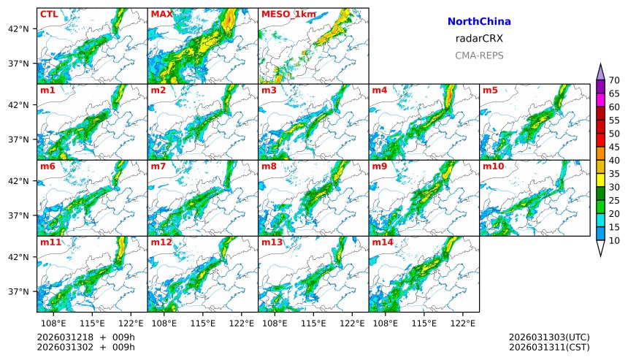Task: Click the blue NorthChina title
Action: [x=479, y=22]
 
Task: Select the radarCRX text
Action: [x=479, y=39]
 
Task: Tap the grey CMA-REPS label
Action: [x=479, y=55]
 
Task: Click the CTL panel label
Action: [x=49, y=14]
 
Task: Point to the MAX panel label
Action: [x=161, y=14]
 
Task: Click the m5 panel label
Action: [x=490, y=91]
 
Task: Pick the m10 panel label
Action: [x=493, y=166]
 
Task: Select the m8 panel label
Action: [x=269, y=166]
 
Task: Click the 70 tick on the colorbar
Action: [x=614, y=80]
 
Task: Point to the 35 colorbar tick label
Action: [x=614, y=174]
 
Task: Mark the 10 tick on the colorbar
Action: [x=614, y=240]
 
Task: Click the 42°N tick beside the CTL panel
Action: [x=18, y=29]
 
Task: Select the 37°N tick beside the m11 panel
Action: [x=18, y=291]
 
